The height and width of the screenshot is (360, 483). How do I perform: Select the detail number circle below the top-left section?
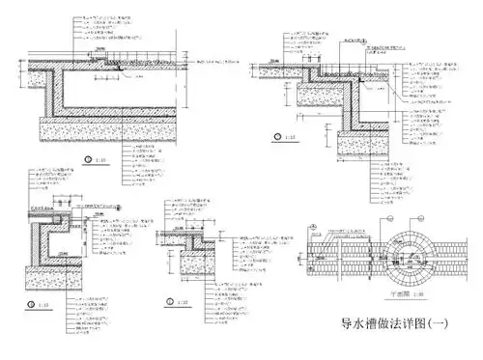(x=89, y=158)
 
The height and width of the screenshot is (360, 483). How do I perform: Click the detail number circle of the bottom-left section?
(x=28, y=304)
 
